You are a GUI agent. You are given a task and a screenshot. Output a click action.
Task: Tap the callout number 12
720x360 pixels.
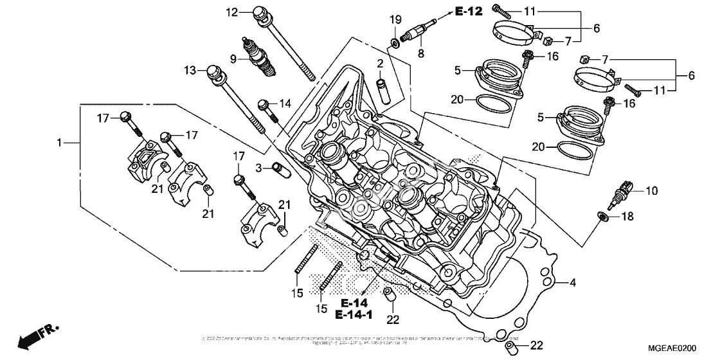click(231, 12)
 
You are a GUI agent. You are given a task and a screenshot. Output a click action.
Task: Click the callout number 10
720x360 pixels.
click(652, 190)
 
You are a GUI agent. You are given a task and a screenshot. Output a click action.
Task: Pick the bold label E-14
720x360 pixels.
click(354, 302)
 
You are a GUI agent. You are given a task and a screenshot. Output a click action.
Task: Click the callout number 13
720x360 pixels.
click(189, 70)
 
